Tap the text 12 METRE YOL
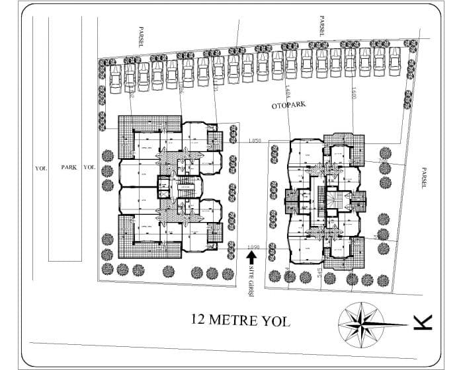pyautogui.click(x=239, y=320)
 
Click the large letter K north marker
pyautogui.click(x=421, y=322)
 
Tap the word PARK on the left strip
pyautogui.click(x=69, y=168)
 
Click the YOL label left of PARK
pyautogui.click(x=40, y=168)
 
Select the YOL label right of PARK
pyautogui.click(x=89, y=168)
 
